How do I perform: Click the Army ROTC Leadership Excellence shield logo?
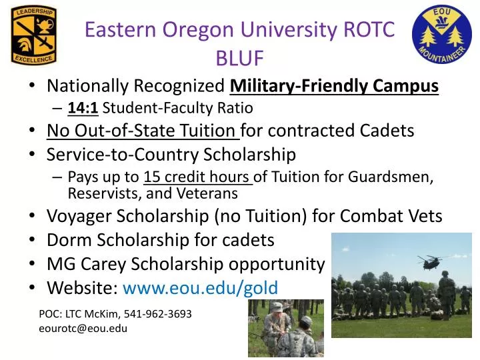click(33, 35)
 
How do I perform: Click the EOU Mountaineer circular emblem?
click(442, 34)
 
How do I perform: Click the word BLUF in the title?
click(240, 59)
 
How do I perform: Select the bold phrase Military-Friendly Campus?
click(334, 86)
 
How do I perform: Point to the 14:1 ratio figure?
click(83, 108)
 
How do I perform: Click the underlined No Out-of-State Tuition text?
click(141, 131)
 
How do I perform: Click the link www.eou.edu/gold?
click(200, 287)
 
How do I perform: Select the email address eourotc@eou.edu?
click(83, 328)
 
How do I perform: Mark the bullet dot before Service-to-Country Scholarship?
click(33, 155)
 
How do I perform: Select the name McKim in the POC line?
click(103, 313)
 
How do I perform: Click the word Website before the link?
click(81, 287)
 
